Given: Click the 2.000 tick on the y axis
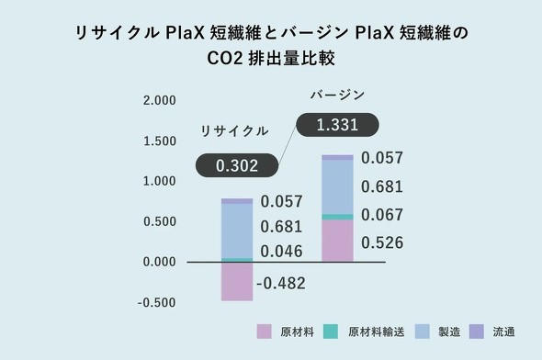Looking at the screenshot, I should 160,100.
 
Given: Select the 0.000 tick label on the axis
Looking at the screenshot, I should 160,263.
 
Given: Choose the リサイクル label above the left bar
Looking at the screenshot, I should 234,131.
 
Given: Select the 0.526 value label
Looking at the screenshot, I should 382,243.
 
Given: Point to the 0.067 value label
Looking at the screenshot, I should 382,215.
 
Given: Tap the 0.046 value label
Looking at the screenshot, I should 281,250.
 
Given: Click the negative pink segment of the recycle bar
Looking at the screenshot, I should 237,282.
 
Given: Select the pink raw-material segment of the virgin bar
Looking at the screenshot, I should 337,241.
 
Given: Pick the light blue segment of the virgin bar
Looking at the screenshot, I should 337,186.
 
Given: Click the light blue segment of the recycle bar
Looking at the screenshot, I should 237,231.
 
